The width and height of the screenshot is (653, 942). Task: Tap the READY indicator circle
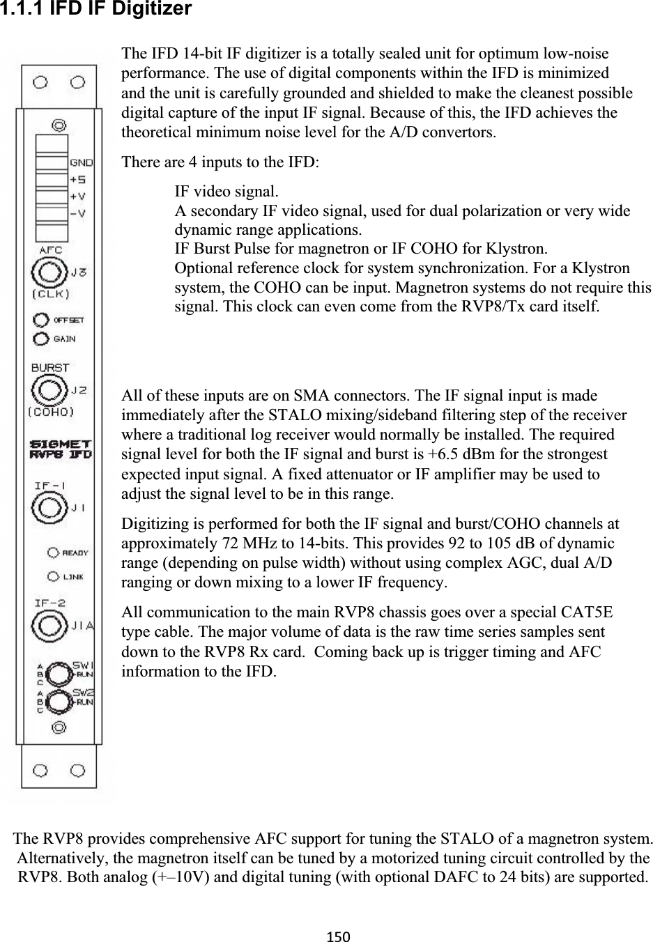click(53, 553)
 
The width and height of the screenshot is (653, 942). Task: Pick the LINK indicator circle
click(53, 576)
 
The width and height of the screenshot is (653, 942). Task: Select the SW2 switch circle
click(61, 702)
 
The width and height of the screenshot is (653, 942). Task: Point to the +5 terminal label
click(77, 179)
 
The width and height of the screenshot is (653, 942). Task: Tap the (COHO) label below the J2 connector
click(51, 411)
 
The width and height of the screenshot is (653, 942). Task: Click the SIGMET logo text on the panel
click(61, 442)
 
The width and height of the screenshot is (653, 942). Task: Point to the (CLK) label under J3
click(51, 293)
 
